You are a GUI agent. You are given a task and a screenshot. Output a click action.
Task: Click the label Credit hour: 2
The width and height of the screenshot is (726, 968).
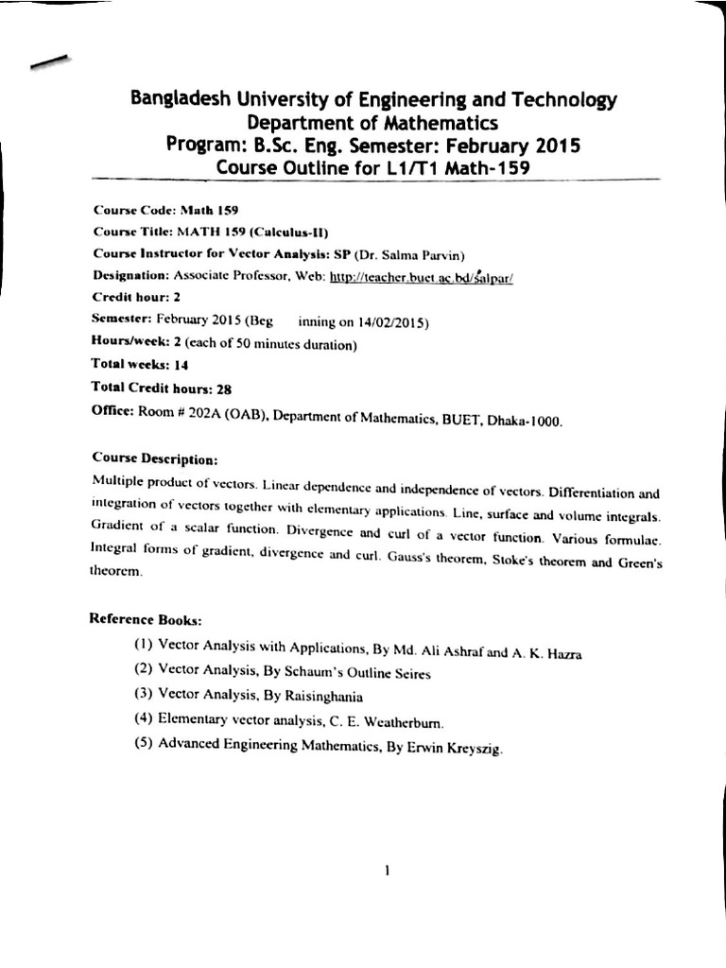point(136,297)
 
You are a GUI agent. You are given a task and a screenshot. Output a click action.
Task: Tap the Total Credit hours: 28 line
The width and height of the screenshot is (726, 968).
point(161,388)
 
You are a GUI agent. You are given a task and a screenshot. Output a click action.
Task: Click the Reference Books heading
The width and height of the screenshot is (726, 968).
point(146,619)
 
